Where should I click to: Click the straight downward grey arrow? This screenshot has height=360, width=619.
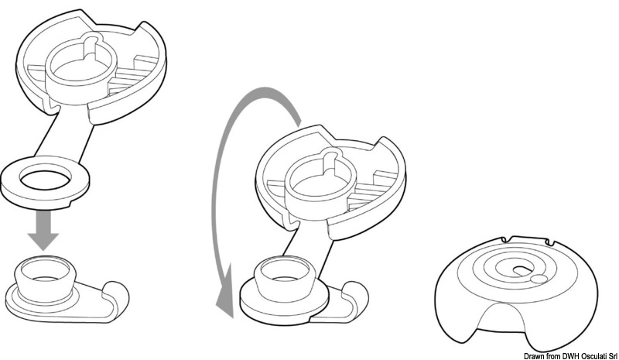(43, 230)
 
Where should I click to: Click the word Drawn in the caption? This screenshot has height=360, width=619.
(533, 356)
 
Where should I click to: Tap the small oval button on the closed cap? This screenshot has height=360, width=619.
(539, 279)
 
